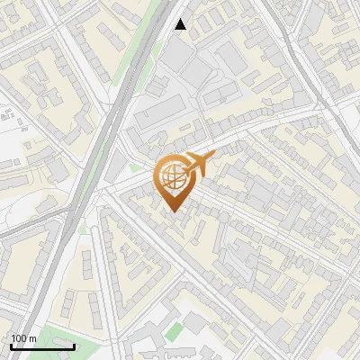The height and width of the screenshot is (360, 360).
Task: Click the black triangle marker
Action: (181, 24)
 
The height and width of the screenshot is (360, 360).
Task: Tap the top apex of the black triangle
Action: (181, 19)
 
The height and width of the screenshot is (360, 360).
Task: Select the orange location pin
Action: (174, 180)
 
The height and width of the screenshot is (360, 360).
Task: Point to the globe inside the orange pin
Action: (173, 176)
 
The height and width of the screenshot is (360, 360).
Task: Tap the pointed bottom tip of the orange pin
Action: (174, 211)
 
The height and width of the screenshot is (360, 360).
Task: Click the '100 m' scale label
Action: (23, 338)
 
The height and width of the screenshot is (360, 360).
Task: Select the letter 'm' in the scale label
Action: (32, 338)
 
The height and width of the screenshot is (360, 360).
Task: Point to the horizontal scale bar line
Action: (42, 346)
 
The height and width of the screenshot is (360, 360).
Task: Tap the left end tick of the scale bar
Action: (11, 345)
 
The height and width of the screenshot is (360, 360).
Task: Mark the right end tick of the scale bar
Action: (75, 345)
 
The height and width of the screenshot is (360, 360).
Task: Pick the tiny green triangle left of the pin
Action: (135, 167)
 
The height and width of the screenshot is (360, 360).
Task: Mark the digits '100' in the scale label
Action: (19, 338)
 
